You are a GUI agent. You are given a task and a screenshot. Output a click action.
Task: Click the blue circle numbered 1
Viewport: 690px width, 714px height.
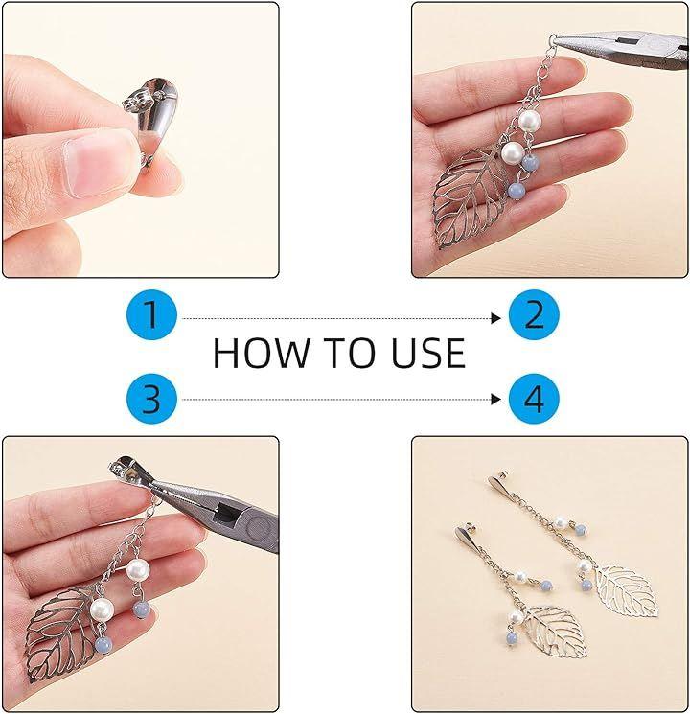tap(151, 314)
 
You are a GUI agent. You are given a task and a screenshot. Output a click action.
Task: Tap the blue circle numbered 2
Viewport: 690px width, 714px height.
tap(534, 314)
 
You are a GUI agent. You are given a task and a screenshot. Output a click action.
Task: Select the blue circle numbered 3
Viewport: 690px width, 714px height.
tap(151, 399)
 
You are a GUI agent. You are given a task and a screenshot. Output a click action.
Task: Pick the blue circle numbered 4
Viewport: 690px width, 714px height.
tap(534, 399)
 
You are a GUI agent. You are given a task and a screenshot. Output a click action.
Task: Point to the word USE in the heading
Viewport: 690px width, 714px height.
tap(428, 353)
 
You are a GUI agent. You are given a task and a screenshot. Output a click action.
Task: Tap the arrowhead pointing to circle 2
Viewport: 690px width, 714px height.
tap(496, 318)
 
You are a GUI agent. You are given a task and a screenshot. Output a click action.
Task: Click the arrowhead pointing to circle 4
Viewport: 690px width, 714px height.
tap(496, 400)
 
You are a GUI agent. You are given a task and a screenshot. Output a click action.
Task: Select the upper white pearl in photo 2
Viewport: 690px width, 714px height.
tap(530, 121)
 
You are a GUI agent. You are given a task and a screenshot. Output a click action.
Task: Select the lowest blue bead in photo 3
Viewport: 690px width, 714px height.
tap(103, 646)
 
